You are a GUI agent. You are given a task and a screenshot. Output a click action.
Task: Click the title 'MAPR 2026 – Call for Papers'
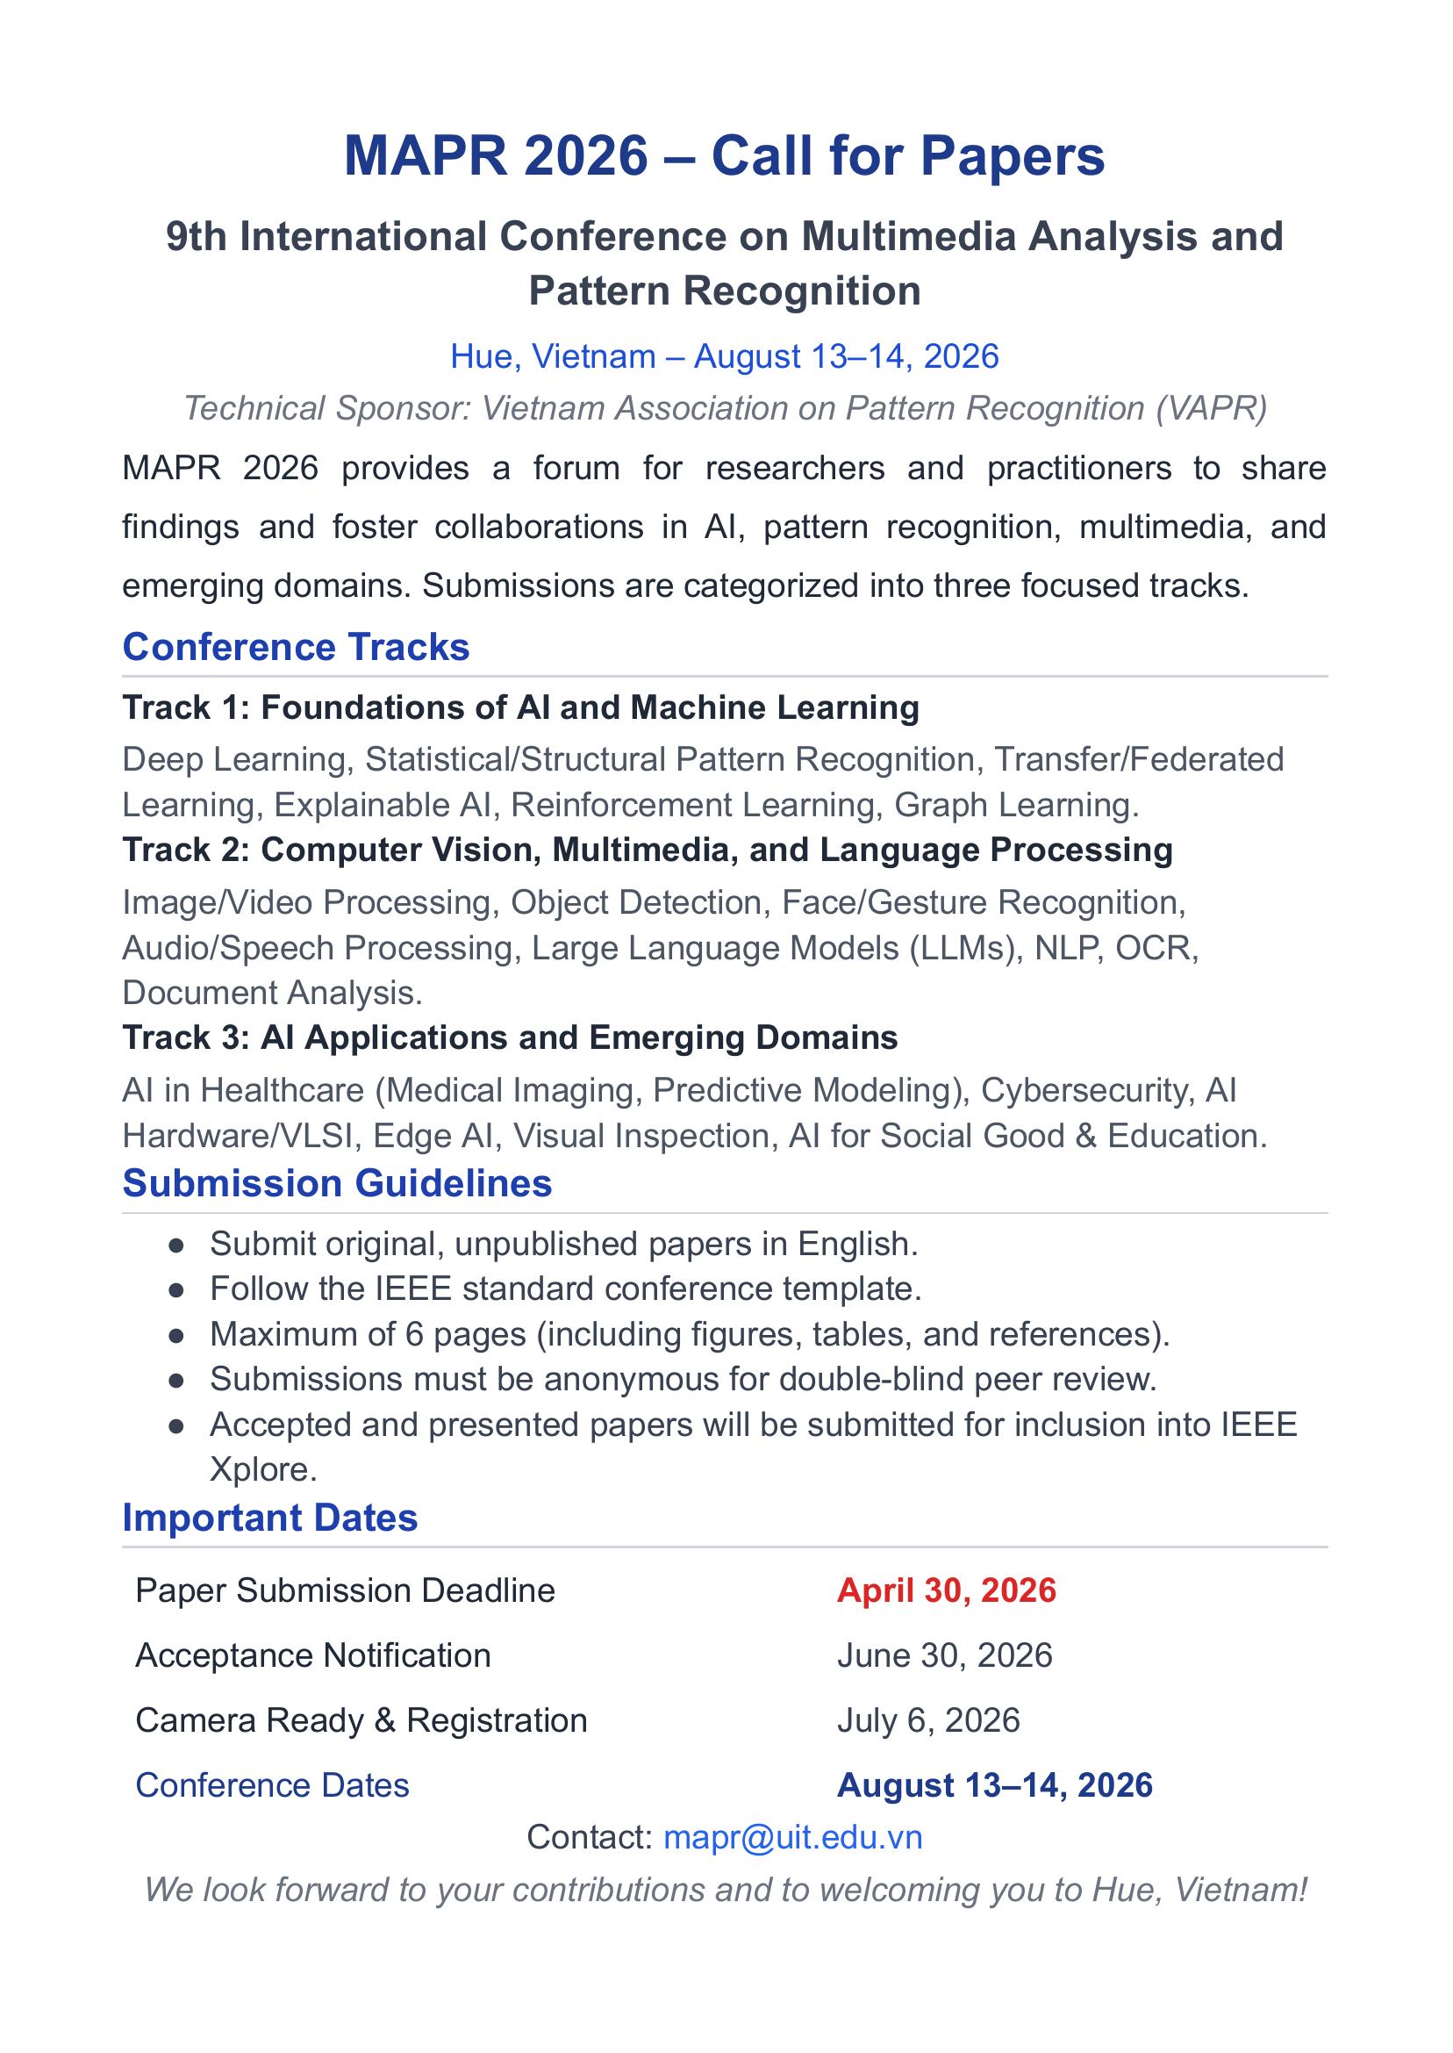point(725,155)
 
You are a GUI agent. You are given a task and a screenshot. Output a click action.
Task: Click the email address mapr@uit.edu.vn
point(791,1837)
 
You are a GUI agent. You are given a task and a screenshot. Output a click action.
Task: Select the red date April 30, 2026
point(947,1590)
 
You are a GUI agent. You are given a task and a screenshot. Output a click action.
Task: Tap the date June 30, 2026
point(945,1655)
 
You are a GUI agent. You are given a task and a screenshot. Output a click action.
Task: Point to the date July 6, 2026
point(928,1720)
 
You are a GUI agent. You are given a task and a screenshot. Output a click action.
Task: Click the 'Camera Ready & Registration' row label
point(361,1720)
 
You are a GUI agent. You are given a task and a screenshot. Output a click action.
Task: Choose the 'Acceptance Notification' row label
point(313,1655)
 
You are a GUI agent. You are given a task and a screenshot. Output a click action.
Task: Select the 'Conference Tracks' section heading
point(296,647)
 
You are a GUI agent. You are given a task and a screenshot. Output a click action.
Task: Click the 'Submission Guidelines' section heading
point(336,1183)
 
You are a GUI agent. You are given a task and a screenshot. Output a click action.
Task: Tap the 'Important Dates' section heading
point(269,1518)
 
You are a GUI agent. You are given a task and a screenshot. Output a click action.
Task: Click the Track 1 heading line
point(520,708)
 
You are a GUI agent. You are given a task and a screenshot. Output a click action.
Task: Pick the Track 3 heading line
point(510,1038)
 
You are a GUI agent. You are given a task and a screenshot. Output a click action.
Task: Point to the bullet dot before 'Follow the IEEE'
point(176,1289)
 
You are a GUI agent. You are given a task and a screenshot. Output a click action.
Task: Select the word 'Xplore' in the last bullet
point(262,1469)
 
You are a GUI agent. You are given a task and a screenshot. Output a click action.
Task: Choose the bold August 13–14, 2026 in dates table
point(994,1785)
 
